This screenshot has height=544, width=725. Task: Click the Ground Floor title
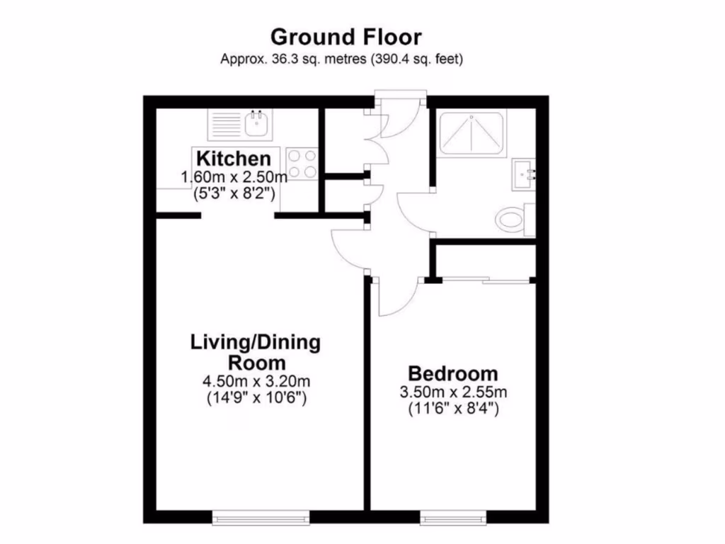pos(346,36)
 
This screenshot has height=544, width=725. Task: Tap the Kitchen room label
pos(233,159)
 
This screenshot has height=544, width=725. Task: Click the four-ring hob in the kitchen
pos(302,164)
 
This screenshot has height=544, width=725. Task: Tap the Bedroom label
pos(452,373)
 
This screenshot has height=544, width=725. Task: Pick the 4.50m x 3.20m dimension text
pos(256,382)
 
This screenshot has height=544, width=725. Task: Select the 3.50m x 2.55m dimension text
pos(453,392)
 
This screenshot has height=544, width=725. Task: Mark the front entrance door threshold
pos(400,95)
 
